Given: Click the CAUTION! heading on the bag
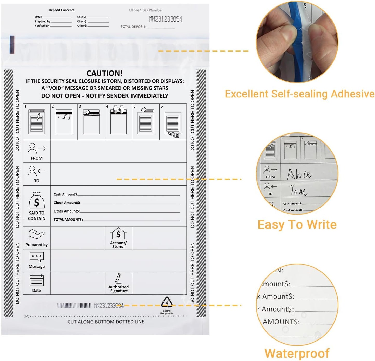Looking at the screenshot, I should tap(105, 73).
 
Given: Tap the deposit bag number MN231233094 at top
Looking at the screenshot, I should tap(165, 19).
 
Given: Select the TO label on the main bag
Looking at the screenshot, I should tap(37, 181).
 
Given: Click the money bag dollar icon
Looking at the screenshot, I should tap(37, 200).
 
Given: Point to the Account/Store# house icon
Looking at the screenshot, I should tap(118, 234).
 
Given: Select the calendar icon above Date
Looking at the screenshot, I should tap(37, 280).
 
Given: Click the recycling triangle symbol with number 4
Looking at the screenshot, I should tap(167, 302).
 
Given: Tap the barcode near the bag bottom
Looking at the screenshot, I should tap(74, 306).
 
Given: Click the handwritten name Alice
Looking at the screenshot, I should tap(299, 174).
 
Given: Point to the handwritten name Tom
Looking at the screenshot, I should tap(298, 190).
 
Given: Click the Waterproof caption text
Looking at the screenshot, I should tap(297, 353).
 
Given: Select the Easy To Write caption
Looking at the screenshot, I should tap(297, 224).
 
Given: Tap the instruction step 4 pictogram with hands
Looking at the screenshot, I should tap(118, 121).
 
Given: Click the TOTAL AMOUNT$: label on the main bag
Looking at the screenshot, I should tap(68, 220).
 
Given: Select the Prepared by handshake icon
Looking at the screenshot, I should tap(36, 234).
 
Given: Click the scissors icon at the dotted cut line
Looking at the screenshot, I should tap(26, 316).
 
